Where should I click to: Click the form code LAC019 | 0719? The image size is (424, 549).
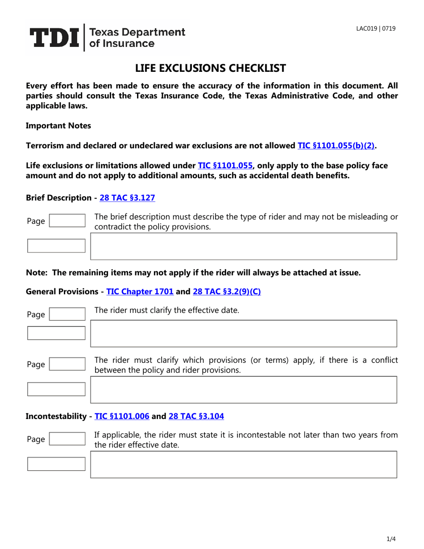pos(375,29)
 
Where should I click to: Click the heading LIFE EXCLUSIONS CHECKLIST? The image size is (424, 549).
pos(210,68)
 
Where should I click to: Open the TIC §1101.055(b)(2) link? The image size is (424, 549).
pos(336,145)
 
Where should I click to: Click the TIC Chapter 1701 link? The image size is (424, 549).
pos(140,291)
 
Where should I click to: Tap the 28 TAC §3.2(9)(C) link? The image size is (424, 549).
pos(226,291)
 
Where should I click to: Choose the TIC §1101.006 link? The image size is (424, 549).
pos(122,416)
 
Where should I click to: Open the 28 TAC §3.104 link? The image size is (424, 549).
pos(196,416)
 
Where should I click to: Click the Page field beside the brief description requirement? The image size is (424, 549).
pos(67,220)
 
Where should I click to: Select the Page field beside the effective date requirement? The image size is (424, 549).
pos(67,314)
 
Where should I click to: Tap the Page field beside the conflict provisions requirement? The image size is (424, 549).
pos(67,364)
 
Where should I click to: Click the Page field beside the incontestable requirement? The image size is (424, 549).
pos(67,439)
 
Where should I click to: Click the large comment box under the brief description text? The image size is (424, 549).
pos(244,246)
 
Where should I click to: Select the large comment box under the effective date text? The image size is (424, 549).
pos(244,333)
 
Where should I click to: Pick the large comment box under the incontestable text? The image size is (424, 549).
pos(244,464)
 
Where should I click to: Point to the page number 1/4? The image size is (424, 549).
pos(391,539)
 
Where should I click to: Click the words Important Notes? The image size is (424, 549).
pos(58,125)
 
